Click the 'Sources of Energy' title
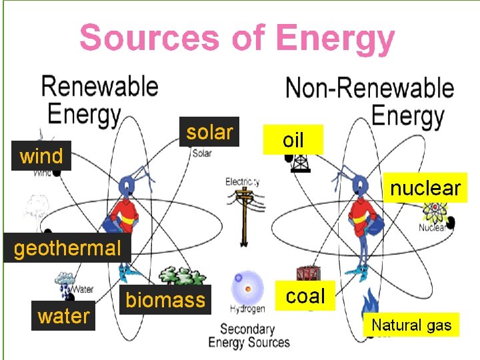[x=237, y=38]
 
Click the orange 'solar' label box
[x=209, y=132]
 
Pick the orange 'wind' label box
[x=41, y=157]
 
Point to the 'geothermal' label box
[x=67, y=249]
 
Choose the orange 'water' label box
[x=63, y=316]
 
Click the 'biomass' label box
[x=165, y=300]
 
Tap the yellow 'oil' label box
[x=293, y=140]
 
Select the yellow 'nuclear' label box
[x=425, y=188]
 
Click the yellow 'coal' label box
[x=305, y=296]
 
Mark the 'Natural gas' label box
[x=411, y=325]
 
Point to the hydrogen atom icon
[x=247, y=289]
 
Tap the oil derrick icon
[x=295, y=163]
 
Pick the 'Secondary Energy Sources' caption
[x=249, y=335]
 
